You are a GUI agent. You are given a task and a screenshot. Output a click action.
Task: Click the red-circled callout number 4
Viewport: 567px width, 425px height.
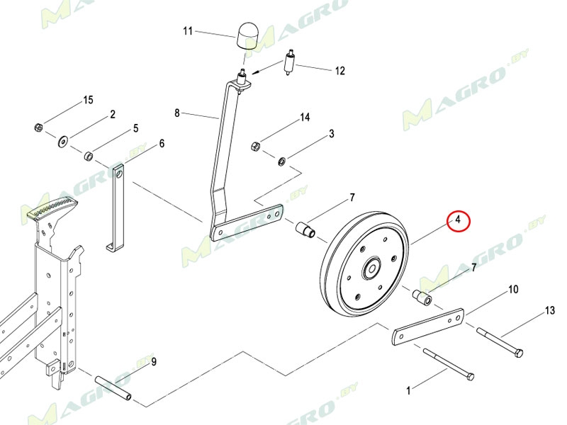[458, 220]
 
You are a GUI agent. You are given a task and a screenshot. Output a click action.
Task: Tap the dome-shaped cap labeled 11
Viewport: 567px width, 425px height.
[247, 36]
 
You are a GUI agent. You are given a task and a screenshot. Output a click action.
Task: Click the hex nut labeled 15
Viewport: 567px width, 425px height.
[39, 127]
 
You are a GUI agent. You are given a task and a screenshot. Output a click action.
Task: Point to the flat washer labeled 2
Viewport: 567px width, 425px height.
[63, 140]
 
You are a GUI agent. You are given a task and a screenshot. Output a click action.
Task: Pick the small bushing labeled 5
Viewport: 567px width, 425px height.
[89, 156]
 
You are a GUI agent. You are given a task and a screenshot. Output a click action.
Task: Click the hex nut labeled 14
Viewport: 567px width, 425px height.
[255, 146]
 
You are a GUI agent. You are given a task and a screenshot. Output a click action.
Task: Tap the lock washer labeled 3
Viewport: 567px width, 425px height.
[281, 161]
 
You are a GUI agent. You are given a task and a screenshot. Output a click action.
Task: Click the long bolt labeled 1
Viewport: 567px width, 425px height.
[449, 364]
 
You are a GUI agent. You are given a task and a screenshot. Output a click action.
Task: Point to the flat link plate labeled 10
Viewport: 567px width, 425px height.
[428, 327]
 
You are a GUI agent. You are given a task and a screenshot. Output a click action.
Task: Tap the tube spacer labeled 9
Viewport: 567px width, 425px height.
[113, 388]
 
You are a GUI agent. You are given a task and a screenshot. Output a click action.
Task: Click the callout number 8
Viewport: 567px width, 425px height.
[176, 113]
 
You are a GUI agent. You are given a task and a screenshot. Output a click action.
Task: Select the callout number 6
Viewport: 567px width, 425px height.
[162, 144]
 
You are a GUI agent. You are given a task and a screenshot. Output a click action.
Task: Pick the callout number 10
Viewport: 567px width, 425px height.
[513, 289]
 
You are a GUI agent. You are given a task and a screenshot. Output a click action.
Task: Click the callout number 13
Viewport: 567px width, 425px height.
[549, 310]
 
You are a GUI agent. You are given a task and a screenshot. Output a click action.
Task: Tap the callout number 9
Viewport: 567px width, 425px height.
[154, 361]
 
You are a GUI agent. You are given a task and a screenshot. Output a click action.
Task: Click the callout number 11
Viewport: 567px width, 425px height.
[187, 31]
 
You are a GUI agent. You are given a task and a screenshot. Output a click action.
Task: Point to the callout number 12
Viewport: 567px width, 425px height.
[339, 70]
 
